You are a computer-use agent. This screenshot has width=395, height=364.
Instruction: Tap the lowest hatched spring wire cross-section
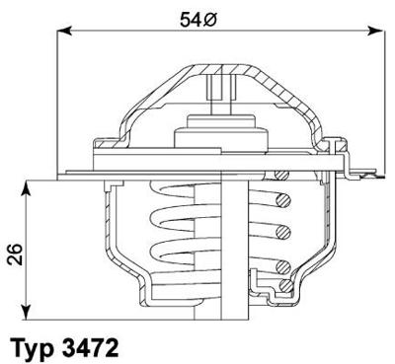click(284, 286)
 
